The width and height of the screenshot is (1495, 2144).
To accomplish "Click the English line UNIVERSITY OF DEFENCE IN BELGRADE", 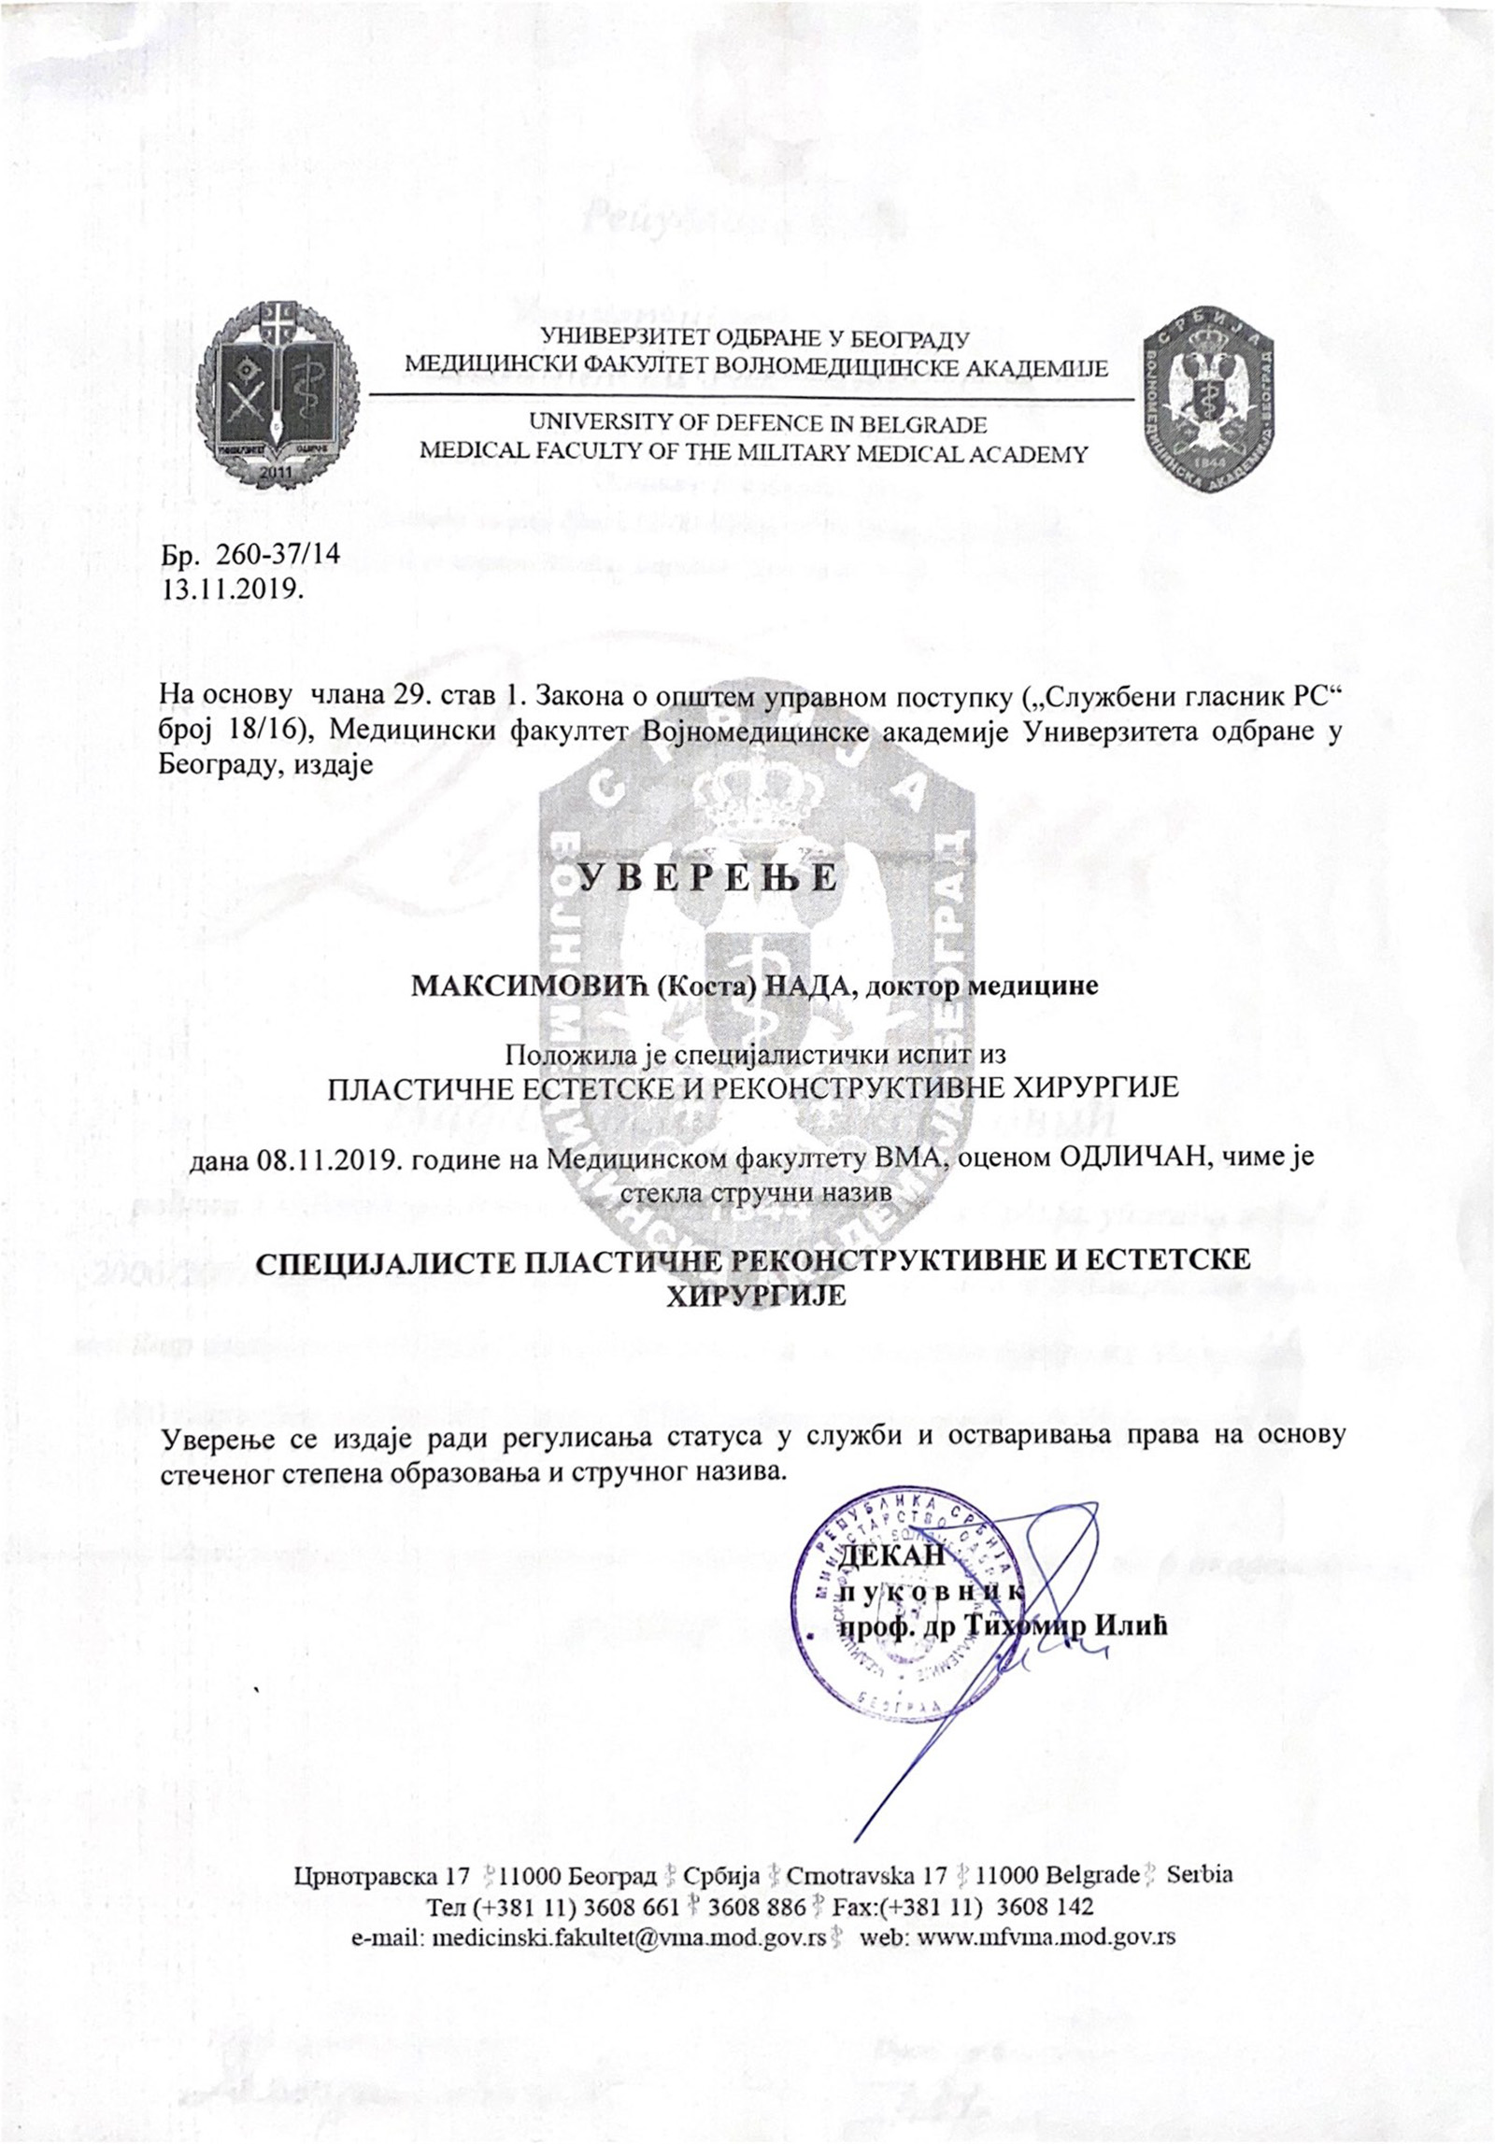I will [x=758, y=424].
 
